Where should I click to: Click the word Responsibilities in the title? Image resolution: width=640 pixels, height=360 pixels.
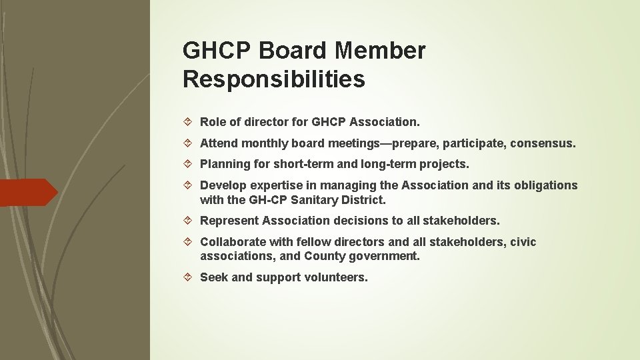(x=273, y=79)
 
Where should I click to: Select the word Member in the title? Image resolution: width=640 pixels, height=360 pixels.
(x=381, y=50)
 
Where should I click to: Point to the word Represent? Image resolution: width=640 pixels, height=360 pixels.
(x=229, y=221)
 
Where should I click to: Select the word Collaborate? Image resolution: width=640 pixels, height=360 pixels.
(x=232, y=242)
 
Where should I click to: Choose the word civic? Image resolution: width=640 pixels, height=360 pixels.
(x=523, y=242)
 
